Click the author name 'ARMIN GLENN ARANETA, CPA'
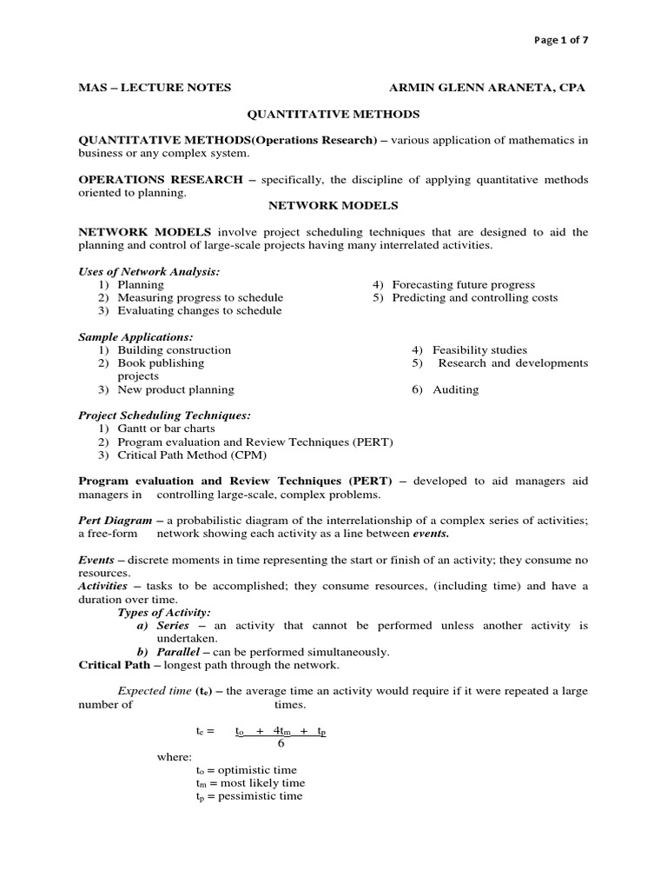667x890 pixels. [486, 88]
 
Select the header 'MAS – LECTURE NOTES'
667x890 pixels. [155, 88]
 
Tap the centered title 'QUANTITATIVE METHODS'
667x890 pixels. [333, 114]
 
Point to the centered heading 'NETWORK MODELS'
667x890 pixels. [333, 206]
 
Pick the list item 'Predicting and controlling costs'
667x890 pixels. [474, 298]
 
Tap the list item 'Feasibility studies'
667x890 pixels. [480, 350]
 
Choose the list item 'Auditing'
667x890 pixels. [456, 390]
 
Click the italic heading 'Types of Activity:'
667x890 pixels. [164, 613]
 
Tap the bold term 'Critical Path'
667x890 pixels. [114, 665]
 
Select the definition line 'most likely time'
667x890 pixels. [250, 783]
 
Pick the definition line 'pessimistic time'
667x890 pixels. [249, 796]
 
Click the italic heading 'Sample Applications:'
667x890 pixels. [135, 337]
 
